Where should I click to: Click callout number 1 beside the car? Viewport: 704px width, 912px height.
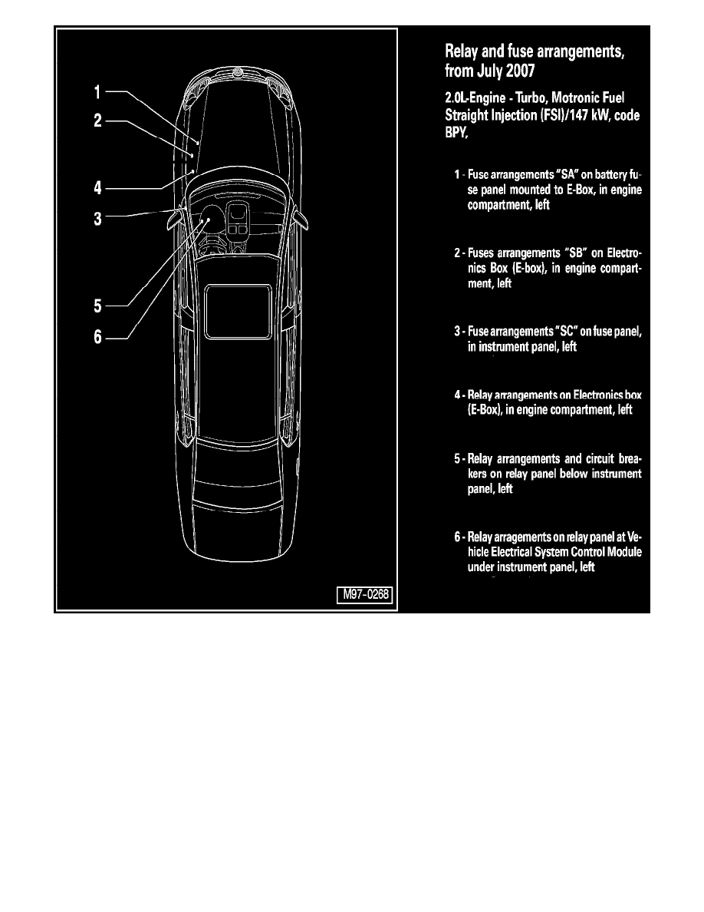coord(97,93)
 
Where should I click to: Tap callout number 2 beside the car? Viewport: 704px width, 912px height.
coord(98,121)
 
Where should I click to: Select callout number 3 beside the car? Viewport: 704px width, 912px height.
coord(98,219)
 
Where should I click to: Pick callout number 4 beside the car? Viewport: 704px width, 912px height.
coord(98,187)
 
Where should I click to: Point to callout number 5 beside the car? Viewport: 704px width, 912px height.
coord(98,306)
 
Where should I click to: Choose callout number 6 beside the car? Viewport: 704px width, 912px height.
coord(98,337)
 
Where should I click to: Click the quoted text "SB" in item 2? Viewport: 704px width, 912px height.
coord(573,252)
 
